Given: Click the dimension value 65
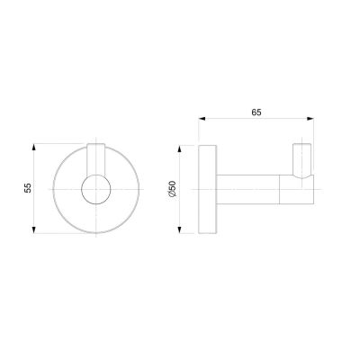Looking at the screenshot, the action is [x=256, y=112].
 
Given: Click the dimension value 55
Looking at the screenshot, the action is [x=28, y=188].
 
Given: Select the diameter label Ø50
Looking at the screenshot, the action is [x=173, y=189].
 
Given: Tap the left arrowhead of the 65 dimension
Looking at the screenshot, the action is [x=202, y=119].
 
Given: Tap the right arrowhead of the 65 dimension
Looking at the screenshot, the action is [x=310, y=119].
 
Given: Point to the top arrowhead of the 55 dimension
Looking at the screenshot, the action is [x=34, y=148].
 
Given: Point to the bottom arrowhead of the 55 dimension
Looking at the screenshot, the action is [x=34, y=229].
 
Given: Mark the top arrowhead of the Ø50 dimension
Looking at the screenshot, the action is [x=180, y=149].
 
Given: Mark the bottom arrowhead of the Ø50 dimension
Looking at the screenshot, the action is [x=180, y=229].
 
